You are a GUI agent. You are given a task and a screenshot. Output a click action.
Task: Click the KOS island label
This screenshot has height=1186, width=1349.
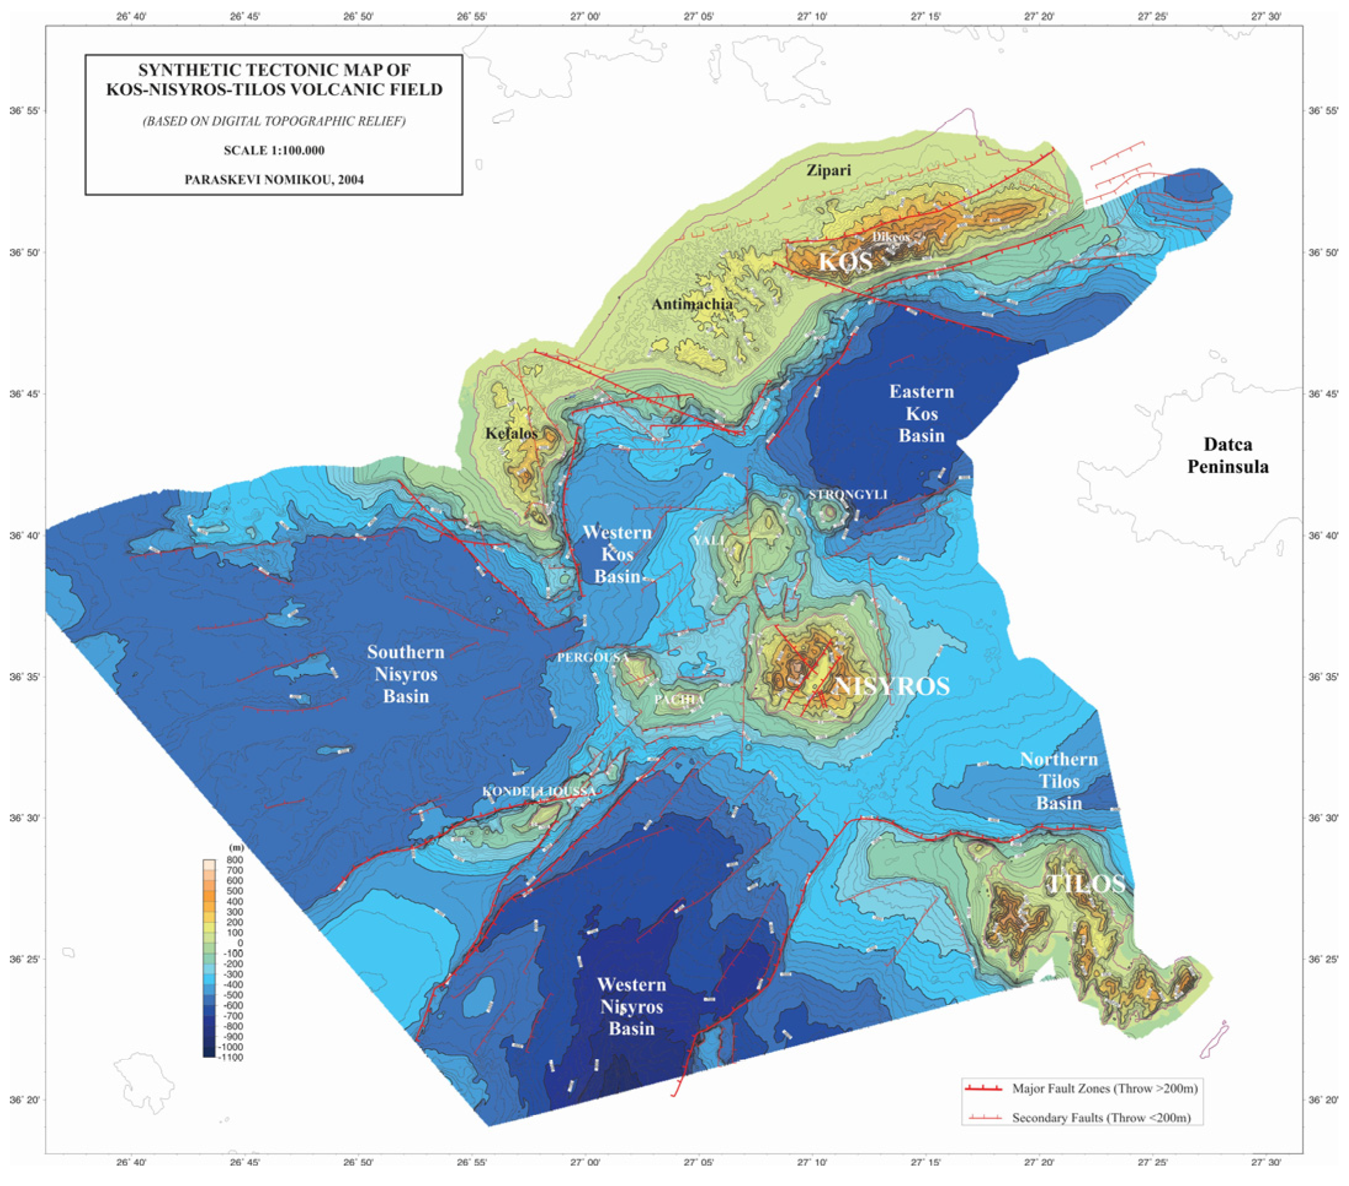845,261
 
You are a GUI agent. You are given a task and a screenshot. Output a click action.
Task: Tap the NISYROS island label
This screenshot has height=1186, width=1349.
892,686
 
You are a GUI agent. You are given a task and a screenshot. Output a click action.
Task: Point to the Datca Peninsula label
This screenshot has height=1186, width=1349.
1228,455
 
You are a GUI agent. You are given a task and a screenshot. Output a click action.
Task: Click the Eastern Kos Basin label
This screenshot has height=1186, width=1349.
922,414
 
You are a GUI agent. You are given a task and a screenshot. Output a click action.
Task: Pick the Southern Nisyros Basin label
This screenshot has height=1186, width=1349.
406,674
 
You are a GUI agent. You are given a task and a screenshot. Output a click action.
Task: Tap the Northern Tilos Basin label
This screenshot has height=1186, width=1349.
1059,781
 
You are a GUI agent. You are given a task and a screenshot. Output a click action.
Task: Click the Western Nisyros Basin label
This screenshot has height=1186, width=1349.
631,1007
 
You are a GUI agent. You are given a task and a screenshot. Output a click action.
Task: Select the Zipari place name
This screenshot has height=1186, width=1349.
829,170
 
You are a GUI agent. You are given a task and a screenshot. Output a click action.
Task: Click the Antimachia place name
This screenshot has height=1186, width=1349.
692,304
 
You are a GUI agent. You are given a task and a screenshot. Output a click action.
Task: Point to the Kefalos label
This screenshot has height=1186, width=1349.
511,434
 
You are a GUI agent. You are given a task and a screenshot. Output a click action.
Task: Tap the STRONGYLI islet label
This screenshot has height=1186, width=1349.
848,494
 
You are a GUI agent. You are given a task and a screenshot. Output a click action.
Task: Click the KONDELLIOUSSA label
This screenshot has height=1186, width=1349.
539,791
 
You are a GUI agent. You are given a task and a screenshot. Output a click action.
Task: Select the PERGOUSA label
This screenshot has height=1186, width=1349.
593,658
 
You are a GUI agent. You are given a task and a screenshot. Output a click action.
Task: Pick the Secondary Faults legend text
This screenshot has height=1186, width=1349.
1101,1118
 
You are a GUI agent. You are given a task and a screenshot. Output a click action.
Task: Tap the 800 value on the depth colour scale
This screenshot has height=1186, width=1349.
235,860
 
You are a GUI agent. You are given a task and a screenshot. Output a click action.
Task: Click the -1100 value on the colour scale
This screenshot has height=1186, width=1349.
232,1057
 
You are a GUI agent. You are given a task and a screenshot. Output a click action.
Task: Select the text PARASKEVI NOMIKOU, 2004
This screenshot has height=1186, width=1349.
274,179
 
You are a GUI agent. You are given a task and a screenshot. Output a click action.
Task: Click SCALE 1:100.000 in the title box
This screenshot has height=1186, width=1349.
274,150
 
